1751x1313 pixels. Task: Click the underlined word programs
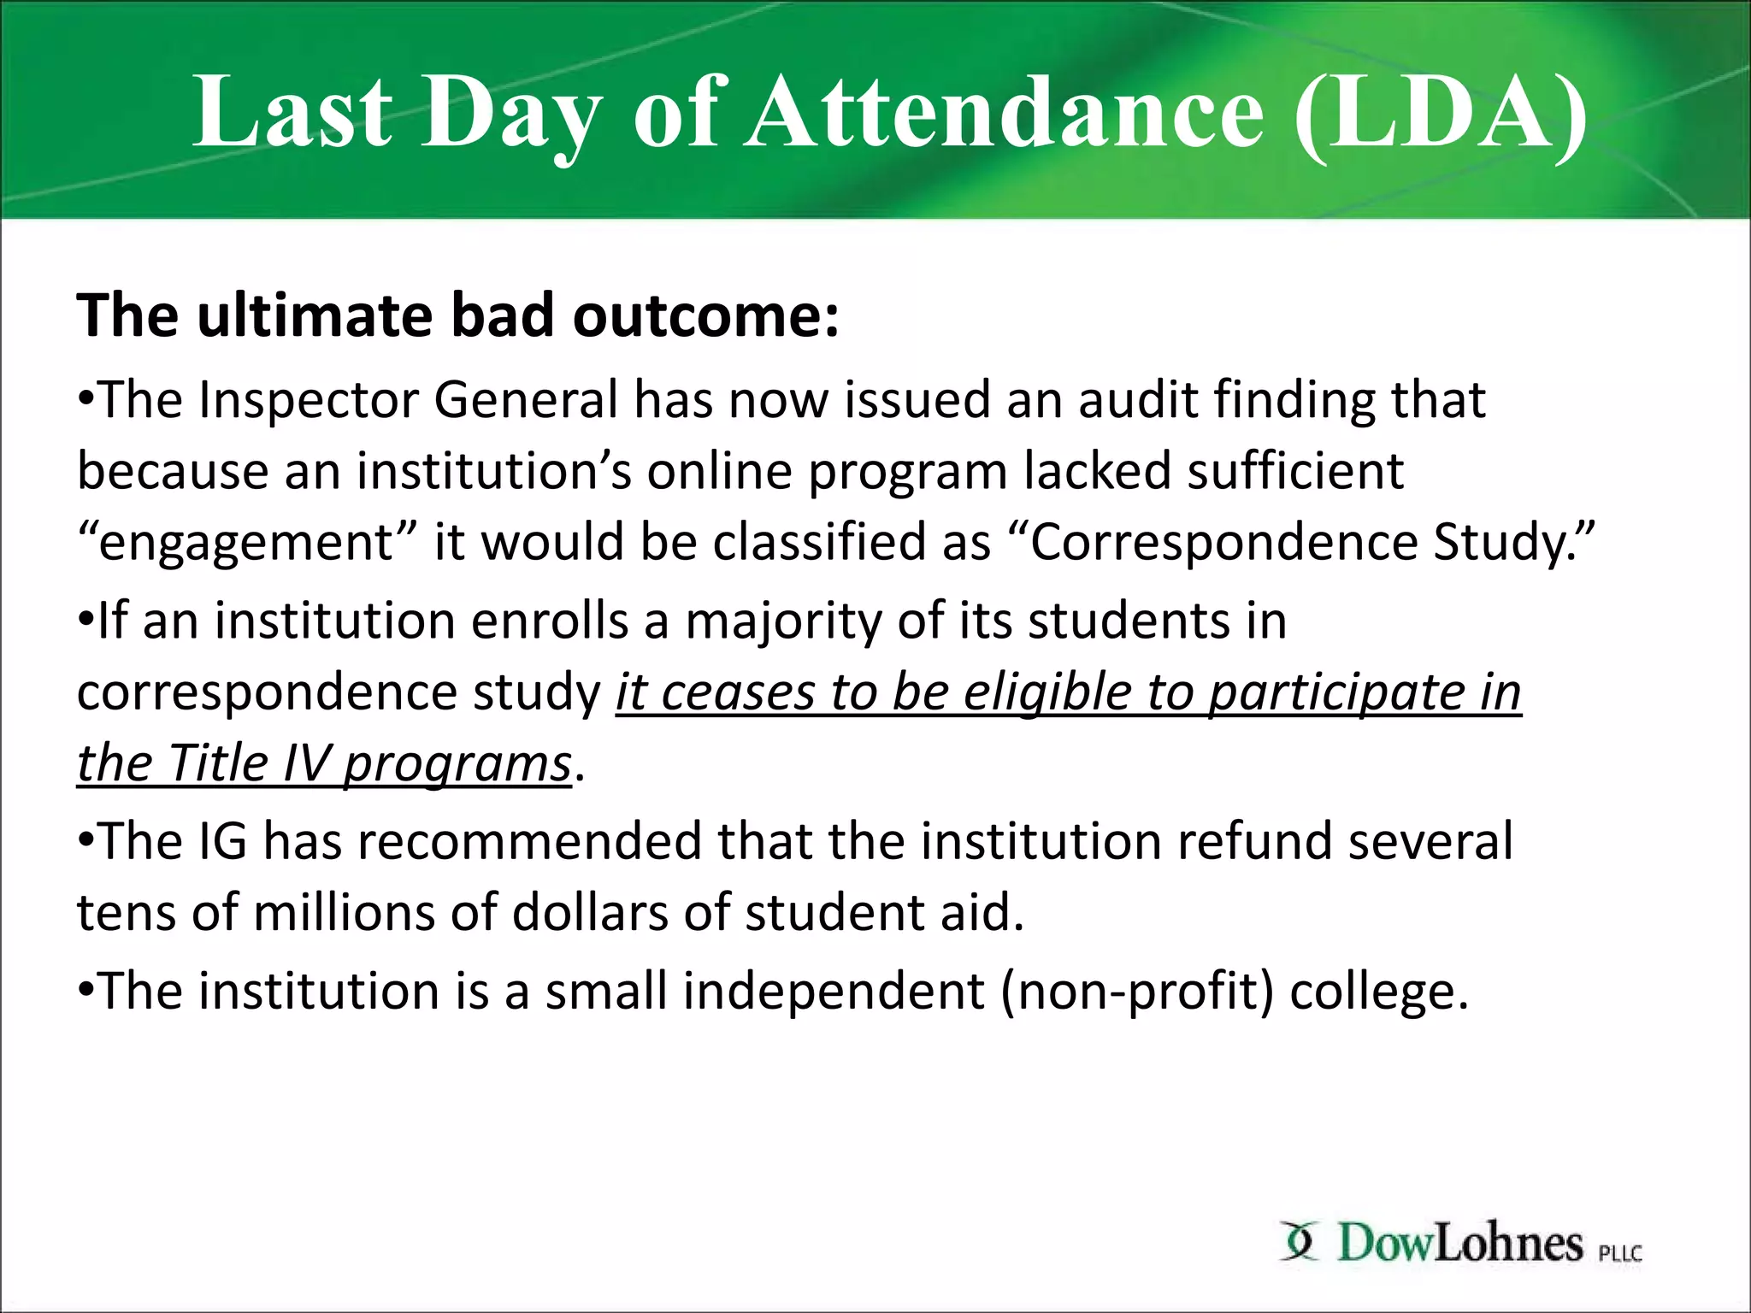[x=457, y=764]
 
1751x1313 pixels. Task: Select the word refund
[x=1253, y=841]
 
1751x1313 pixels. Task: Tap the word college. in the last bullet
[x=1378, y=992]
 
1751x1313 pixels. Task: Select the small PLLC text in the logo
[x=1620, y=1254]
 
